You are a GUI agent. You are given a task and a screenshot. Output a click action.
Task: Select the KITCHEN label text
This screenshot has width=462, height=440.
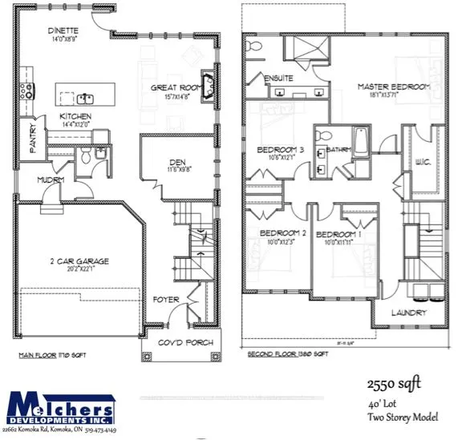coord(75,117)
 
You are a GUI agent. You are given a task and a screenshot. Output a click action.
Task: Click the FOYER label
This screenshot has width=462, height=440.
coord(166,300)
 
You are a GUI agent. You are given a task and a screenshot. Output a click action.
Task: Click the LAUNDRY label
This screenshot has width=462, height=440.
coord(409,313)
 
